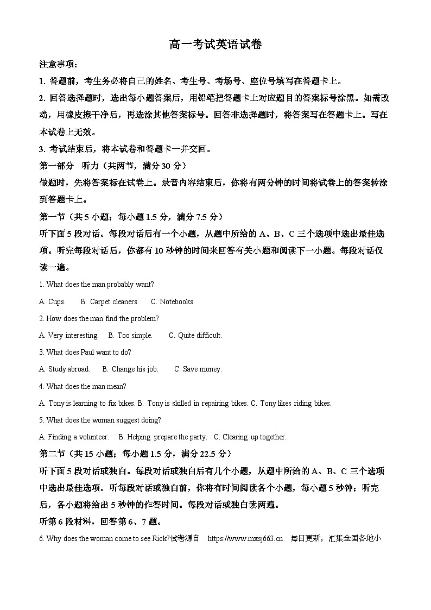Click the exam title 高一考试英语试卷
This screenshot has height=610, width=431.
(x=215, y=45)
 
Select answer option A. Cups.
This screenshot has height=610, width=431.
(x=53, y=302)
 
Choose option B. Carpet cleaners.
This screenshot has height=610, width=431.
(x=109, y=302)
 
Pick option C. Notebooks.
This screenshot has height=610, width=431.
(x=173, y=302)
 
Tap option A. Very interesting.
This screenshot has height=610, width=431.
(x=69, y=336)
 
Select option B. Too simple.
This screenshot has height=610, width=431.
(x=130, y=336)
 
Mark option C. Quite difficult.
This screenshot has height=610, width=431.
(x=195, y=336)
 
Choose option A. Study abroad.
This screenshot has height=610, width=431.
(x=65, y=369)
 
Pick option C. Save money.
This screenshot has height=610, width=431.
(x=198, y=369)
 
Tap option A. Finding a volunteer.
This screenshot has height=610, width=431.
(x=74, y=437)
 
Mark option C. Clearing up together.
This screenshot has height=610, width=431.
(x=250, y=437)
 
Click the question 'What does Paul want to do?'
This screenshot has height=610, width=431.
(x=85, y=353)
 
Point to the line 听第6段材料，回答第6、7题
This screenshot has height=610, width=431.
(x=100, y=521)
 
